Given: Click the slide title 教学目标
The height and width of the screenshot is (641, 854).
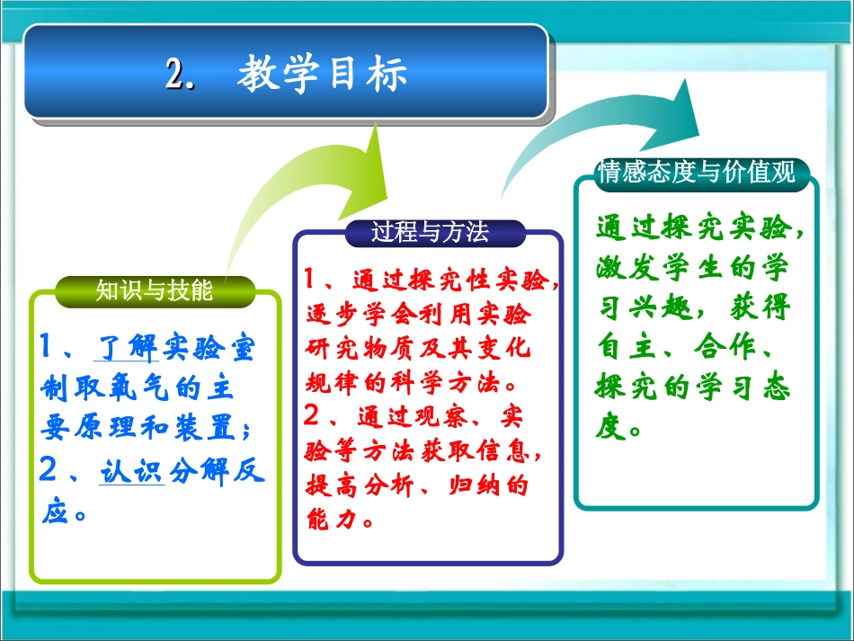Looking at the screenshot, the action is pos(322,74).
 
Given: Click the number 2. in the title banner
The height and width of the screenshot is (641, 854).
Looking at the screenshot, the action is pos(181,74).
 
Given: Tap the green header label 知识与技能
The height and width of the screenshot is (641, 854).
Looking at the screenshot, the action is pos(154,289).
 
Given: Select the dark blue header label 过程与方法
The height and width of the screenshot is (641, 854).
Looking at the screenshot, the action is pos(430,232).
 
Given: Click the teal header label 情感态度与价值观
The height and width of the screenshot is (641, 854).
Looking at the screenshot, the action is pos(697,172).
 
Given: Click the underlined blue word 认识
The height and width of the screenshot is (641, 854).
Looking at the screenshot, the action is pos(132,471).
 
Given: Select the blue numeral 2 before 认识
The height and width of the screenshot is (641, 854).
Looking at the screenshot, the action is pos(49,469).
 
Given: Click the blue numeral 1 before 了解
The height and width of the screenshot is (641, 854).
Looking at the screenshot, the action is pos(45,346).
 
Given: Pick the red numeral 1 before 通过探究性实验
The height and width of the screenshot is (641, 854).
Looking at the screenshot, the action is pos(309,279).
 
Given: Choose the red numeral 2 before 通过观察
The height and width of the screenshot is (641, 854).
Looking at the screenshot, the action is pos(311,415).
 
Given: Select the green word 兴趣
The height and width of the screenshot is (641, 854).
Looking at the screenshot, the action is pos(661,307).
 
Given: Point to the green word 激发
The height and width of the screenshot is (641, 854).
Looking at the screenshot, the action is pos(627,267).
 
